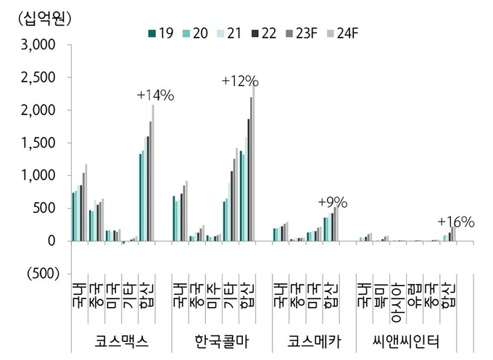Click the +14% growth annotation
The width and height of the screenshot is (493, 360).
pyautogui.click(x=155, y=96)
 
